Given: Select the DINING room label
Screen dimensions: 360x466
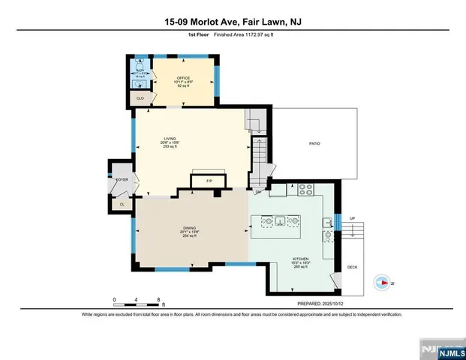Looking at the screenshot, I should (x=190, y=228).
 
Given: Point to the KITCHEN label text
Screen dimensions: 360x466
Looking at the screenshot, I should (x=300, y=259).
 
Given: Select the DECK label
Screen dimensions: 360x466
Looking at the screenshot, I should (x=352, y=268).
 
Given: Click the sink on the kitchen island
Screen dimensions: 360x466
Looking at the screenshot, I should (x=278, y=221).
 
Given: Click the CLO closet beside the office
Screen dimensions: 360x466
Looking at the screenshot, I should (x=140, y=98).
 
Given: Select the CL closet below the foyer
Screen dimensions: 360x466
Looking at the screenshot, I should (x=122, y=203).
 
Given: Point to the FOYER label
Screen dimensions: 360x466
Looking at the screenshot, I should (x=122, y=181).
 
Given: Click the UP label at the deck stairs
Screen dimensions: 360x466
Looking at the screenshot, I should (x=352, y=218).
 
